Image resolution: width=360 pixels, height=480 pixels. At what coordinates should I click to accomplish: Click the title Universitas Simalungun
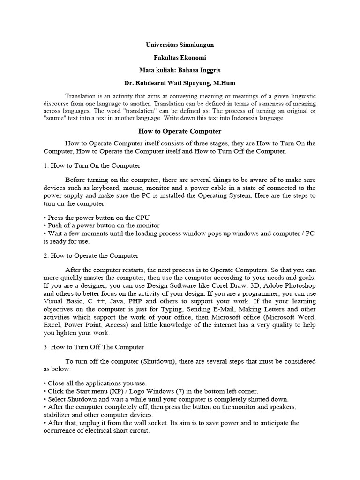(x=180, y=45)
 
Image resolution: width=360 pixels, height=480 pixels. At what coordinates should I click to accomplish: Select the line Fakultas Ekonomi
(x=180, y=57)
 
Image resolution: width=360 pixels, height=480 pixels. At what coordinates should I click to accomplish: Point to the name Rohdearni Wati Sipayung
(x=171, y=83)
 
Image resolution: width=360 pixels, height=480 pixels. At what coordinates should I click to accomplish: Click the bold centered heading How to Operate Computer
(x=180, y=131)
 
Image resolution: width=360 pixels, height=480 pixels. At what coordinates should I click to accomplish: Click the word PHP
(x=142, y=300)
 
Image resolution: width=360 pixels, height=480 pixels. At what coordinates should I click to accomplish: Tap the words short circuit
(x=131, y=430)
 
